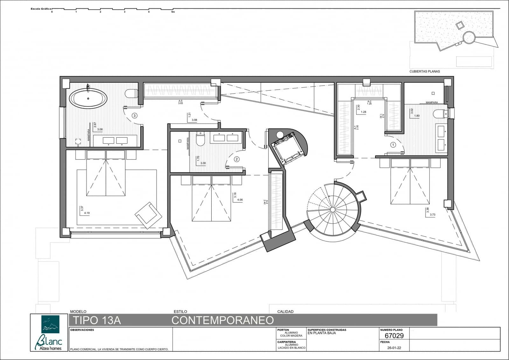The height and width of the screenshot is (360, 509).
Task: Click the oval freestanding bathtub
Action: pos(88,98)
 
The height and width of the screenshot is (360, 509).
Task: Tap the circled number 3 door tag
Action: pos(135,116)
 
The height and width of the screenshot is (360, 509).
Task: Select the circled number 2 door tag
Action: pos(237,159)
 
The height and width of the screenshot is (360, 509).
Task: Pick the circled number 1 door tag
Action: pos(393,145)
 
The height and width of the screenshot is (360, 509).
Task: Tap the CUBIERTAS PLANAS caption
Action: pos(424,72)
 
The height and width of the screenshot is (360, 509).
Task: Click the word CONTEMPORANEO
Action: pos(223,320)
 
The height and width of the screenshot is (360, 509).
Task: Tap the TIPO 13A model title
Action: pos(97,320)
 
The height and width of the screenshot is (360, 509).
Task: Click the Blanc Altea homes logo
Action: pos(50,332)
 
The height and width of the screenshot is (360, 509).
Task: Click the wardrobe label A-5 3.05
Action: pos(180,102)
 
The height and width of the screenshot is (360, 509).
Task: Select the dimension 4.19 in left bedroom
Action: pos(87,213)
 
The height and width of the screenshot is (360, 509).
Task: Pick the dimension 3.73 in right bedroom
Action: pos(432,215)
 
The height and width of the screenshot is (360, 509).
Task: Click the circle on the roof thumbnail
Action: pos(468,37)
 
